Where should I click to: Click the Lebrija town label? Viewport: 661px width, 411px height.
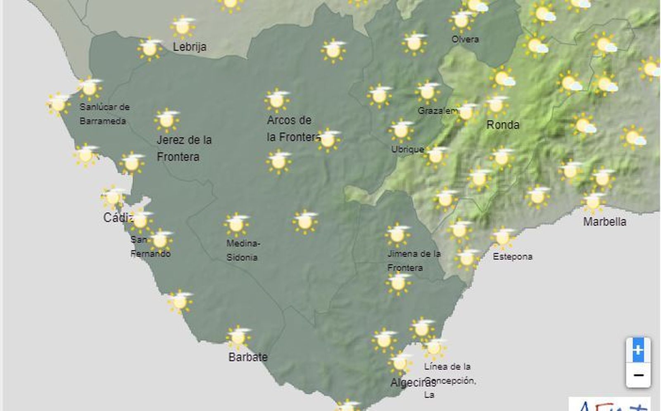(189, 47)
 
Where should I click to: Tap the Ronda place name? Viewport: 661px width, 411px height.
(503, 125)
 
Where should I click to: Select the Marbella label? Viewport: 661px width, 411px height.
(604, 222)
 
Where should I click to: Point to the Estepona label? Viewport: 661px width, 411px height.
(512, 257)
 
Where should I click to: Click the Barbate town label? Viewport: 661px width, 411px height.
(248, 357)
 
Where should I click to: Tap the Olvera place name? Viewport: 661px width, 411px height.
(465, 39)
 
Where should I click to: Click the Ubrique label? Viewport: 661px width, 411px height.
(407, 149)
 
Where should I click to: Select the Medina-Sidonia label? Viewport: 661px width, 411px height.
(243, 250)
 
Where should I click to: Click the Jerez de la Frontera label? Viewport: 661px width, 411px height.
(184, 148)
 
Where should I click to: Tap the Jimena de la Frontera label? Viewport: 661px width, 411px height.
(414, 260)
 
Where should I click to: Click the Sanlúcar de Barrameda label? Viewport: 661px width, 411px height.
(104, 114)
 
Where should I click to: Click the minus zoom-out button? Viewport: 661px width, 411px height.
(638, 375)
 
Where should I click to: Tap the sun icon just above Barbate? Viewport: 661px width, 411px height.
(238, 337)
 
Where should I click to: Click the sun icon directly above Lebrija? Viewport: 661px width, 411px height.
(183, 27)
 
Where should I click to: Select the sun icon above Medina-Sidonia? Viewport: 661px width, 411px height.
(236, 224)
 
